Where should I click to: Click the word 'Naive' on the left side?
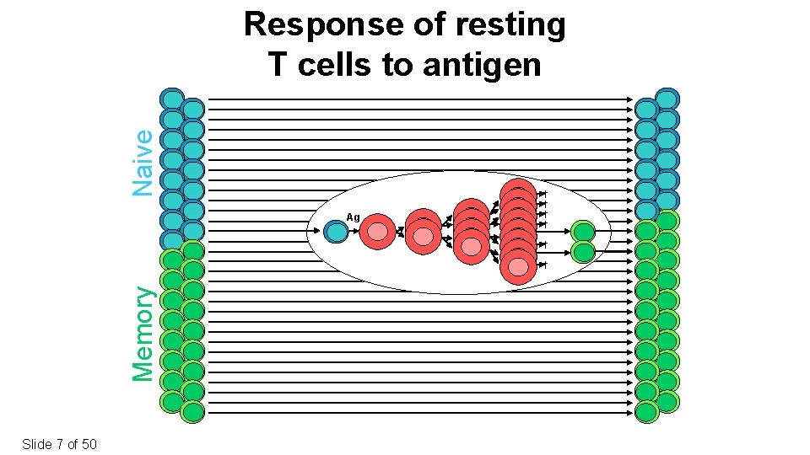tap(144, 162)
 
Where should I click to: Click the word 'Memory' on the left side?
tap(144, 333)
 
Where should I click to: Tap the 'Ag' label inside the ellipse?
tap(353, 217)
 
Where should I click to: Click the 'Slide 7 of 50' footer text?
tap(60, 443)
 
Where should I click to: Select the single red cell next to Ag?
tap(377, 232)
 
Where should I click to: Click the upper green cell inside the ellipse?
tap(583, 232)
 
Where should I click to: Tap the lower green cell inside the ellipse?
tap(583, 251)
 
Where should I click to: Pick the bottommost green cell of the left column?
tap(193, 412)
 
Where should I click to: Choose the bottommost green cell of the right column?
tap(647, 412)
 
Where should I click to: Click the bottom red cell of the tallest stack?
tap(517, 266)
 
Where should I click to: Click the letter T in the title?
tap(278, 64)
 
